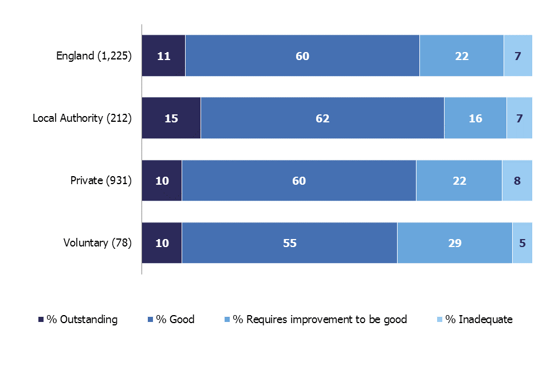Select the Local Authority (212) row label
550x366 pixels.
tap(82, 118)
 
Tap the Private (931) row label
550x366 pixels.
tap(101, 181)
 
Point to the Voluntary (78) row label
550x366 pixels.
tap(97, 242)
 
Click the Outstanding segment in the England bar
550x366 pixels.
tap(163, 56)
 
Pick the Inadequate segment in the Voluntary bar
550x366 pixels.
tap(522, 242)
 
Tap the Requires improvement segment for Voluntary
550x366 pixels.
tap(454, 242)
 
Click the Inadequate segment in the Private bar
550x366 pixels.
tap(517, 181)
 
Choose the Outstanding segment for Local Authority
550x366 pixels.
tap(171, 118)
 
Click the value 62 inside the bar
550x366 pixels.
tap(323, 118)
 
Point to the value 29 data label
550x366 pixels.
tap(455, 242)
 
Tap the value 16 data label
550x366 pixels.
tap(475, 118)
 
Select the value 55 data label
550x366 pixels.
tap(289, 242)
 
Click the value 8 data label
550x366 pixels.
tap(517, 181)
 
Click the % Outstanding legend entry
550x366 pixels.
tap(77, 319)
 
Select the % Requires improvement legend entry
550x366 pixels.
tap(315, 319)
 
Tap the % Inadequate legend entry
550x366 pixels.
tap(476, 319)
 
